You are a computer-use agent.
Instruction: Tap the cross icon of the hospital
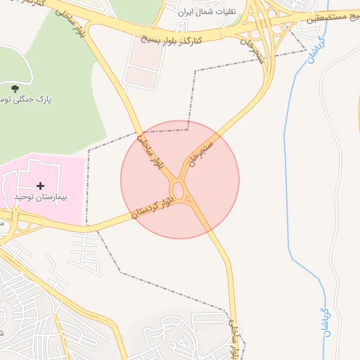(40, 186)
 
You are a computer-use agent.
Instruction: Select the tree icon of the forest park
(15, 88)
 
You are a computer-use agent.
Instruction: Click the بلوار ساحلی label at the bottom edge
(234, 337)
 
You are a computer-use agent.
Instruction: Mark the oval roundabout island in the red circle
(178, 191)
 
